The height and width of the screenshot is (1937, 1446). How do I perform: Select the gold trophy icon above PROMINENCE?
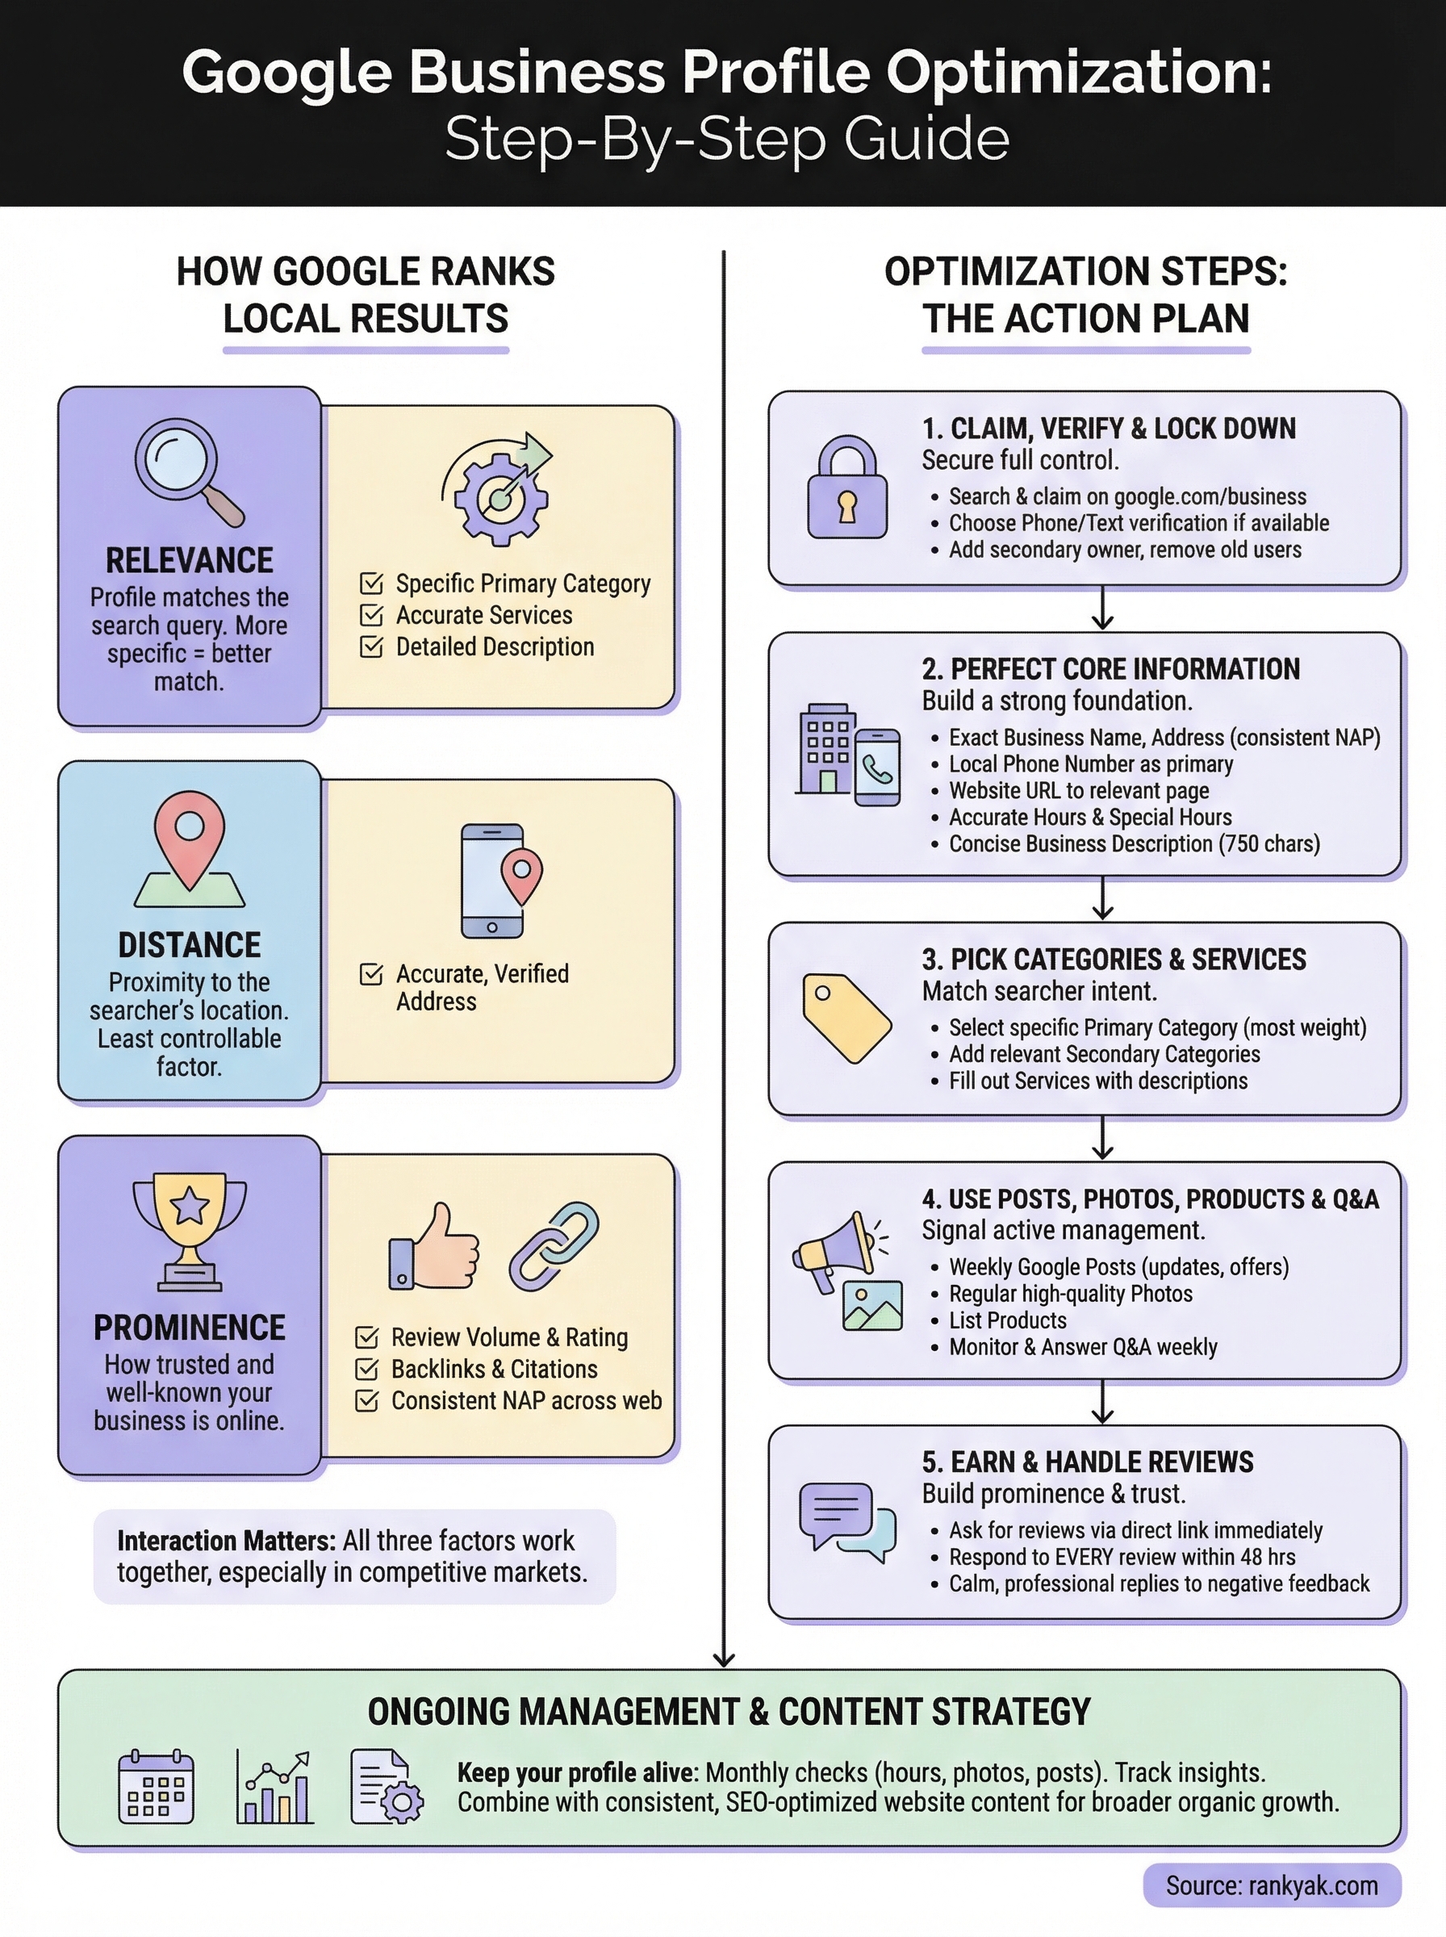[x=190, y=1230]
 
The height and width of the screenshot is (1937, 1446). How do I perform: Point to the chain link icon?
[x=554, y=1246]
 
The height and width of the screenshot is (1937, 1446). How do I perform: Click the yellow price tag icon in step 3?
[x=846, y=1017]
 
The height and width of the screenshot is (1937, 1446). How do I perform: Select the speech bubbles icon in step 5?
[x=846, y=1521]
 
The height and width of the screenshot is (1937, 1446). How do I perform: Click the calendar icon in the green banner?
[x=156, y=1786]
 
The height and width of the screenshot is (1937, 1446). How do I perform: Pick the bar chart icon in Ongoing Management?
[x=274, y=1786]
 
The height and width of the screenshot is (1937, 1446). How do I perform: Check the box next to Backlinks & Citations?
[x=367, y=1369]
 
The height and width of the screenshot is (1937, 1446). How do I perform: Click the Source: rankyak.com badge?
[x=1271, y=1885]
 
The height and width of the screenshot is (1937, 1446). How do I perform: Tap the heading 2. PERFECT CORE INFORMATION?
[x=1110, y=669]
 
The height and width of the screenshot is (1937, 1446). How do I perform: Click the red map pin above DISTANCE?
[x=190, y=836]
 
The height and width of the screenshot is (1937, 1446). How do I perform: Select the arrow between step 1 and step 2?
[x=1102, y=609]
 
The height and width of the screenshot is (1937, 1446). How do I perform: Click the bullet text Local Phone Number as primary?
[x=1091, y=764]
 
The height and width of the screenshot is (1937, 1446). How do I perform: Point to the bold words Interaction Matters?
[x=226, y=1541]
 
